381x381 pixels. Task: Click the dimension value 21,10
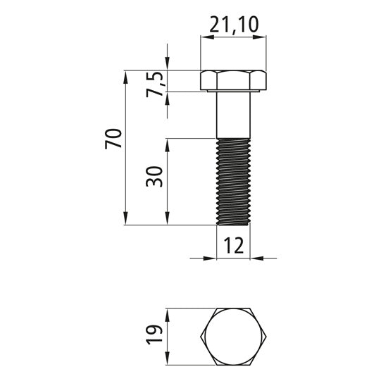[x=234, y=25]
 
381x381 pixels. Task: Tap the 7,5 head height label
[x=156, y=84]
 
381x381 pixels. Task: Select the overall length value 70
[x=113, y=139]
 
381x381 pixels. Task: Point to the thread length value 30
[x=154, y=177]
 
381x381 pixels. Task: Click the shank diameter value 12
[x=233, y=245]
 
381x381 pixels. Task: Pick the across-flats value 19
[x=154, y=335]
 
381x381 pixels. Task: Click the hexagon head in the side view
[x=233, y=80]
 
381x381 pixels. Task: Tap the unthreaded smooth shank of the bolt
[x=233, y=115]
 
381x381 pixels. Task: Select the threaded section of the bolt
[x=233, y=182]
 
